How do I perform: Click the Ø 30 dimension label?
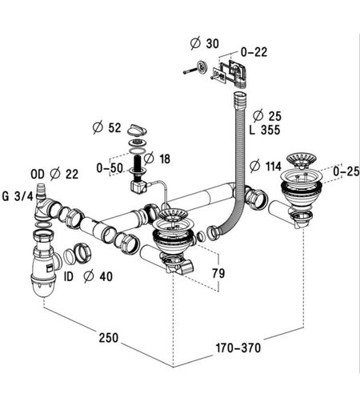[205, 43]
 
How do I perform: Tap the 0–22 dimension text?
[254, 52]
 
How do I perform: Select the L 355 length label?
[265, 130]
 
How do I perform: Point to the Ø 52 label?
[106, 127]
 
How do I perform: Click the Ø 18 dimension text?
[157, 159]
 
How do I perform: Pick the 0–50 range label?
[110, 168]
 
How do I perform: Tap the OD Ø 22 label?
[54, 175]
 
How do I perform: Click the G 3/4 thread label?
[18, 196]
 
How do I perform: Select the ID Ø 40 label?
[88, 276]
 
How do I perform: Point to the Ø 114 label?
[266, 166]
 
